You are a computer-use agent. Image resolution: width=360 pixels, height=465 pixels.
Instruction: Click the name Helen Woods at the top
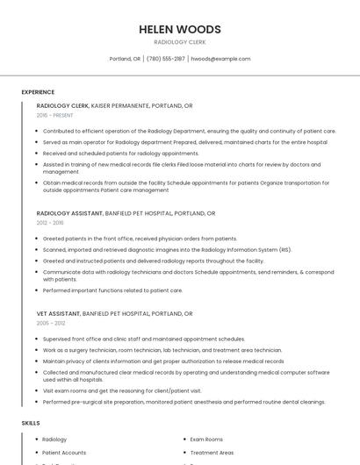pyautogui.click(x=179, y=29)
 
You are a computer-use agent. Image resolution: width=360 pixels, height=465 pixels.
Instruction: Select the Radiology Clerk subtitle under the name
pyautogui.click(x=179, y=41)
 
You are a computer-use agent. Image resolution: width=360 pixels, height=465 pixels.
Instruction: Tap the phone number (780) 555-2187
pyautogui.click(x=165, y=59)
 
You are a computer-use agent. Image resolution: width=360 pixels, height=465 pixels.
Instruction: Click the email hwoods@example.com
pyautogui.click(x=220, y=59)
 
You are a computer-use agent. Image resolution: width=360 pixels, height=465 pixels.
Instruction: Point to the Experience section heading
pyautogui.click(x=38, y=92)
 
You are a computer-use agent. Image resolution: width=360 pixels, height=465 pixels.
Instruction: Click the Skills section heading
pyautogui.click(x=31, y=423)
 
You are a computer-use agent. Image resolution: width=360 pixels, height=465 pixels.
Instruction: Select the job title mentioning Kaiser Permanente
pyautogui.click(x=114, y=105)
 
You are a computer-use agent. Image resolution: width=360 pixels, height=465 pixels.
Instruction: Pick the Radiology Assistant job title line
pyautogui.click(x=126, y=213)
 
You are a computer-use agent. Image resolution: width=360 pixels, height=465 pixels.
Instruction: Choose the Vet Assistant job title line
pyautogui.click(x=114, y=313)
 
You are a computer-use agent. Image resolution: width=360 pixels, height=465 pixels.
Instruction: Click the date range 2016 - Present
pyautogui.click(x=55, y=115)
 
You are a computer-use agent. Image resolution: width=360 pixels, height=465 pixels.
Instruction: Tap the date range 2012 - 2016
pyautogui.click(x=50, y=223)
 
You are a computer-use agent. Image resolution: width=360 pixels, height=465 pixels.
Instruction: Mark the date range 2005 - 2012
pyautogui.click(x=51, y=323)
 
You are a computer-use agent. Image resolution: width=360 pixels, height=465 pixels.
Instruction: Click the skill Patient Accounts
pyautogui.click(x=63, y=453)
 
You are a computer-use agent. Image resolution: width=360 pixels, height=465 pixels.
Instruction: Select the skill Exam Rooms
pyautogui.click(x=206, y=439)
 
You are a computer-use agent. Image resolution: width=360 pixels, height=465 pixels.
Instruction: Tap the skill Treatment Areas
pyautogui.click(x=212, y=453)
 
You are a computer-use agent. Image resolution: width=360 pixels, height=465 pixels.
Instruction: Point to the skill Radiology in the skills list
pyautogui.click(x=54, y=439)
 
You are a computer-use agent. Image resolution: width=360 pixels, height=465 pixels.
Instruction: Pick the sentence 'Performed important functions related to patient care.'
pyautogui.click(x=112, y=290)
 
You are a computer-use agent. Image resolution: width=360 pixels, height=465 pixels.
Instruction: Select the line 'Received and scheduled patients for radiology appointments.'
pyautogui.click(x=120, y=153)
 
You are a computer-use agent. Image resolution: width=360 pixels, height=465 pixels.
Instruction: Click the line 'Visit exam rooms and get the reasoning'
pyautogui.click(x=122, y=390)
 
